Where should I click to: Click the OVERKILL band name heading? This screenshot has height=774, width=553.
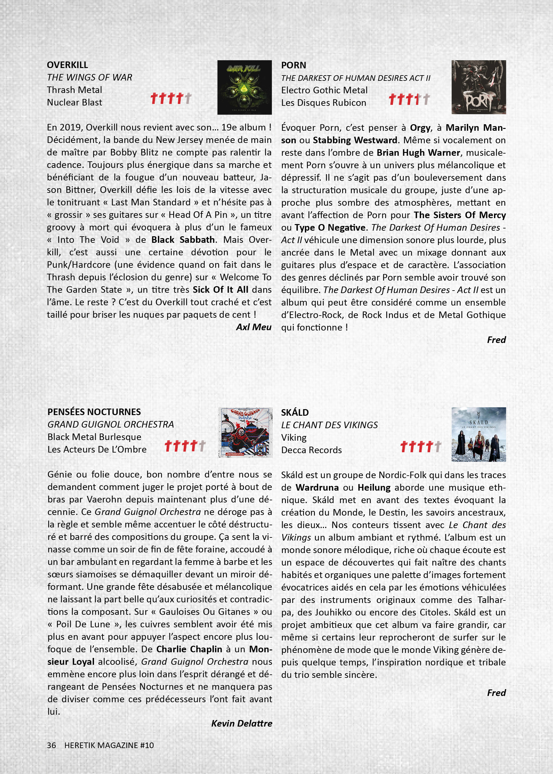point(67,65)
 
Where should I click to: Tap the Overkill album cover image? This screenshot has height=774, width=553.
point(244,87)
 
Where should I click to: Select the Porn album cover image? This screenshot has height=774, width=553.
point(478,87)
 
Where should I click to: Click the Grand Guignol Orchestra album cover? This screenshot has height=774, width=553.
point(245,433)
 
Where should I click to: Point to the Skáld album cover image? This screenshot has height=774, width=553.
point(478,434)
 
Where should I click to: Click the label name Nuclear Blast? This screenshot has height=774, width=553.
point(75,102)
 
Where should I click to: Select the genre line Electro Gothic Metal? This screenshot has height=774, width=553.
point(324,90)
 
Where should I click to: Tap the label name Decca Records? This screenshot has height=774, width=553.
point(311,450)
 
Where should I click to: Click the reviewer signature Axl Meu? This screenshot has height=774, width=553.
point(254,327)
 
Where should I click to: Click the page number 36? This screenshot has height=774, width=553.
point(51,745)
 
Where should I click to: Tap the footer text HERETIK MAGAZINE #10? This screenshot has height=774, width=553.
point(109,745)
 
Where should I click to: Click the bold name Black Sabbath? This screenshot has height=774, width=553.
point(183,240)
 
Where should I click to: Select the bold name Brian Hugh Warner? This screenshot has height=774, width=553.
point(418,153)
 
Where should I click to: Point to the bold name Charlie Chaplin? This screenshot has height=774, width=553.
point(189,649)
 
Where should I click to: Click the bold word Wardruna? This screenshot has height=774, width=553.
point(317,487)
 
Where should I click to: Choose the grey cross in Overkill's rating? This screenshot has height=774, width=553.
point(188,98)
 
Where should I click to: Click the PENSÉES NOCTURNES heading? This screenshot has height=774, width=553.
point(94,412)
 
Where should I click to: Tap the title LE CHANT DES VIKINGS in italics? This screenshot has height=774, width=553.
point(329,425)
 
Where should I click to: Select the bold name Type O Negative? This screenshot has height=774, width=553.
point(330,228)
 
